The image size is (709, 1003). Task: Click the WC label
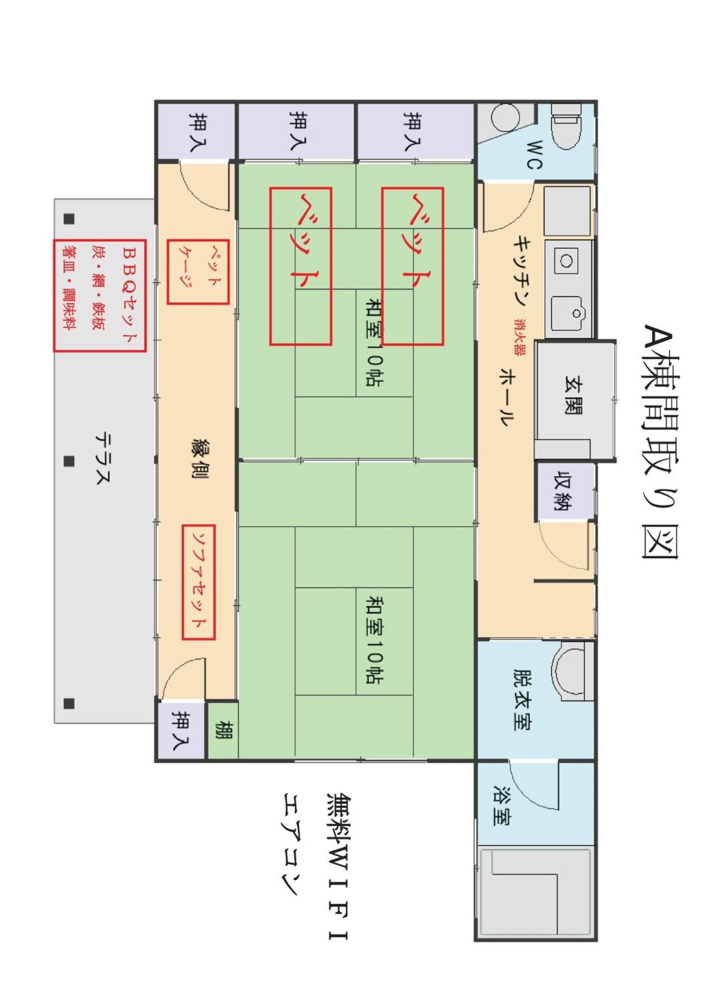click(x=535, y=155)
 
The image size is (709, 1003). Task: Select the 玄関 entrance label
click(x=573, y=395)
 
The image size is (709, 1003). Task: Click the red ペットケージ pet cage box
click(x=198, y=272)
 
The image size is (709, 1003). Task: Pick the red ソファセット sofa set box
click(x=198, y=582)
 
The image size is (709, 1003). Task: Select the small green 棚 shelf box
click(x=223, y=730)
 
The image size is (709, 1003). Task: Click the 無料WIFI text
click(x=338, y=866)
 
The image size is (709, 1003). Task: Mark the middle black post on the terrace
click(x=69, y=461)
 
